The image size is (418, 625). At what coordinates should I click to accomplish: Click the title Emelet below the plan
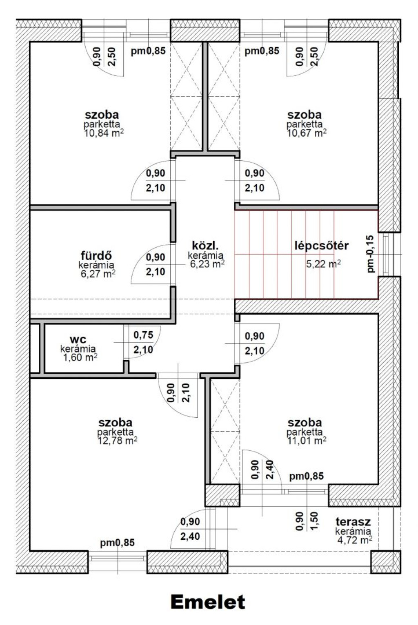pyautogui.click(x=208, y=602)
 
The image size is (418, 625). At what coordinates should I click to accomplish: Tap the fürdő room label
pyautogui.click(x=97, y=255)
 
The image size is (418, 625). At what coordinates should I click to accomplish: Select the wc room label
pyautogui.click(x=78, y=339)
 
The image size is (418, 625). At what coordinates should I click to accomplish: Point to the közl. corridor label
pyautogui.click(x=205, y=246)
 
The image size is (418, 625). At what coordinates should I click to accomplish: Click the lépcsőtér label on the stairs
pyautogui.click(x=322, y=246)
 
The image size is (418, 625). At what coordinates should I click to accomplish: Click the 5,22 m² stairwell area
pyautogui.click(x=323, y=264)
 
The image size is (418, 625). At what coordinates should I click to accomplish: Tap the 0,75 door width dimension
pyautogui.click(x=143, y=335)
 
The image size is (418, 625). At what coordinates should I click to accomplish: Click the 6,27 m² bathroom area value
pyautogui.click(x=98, y=274)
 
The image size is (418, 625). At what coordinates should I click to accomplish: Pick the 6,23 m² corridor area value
pyautogui.click(x=207, y=264)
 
